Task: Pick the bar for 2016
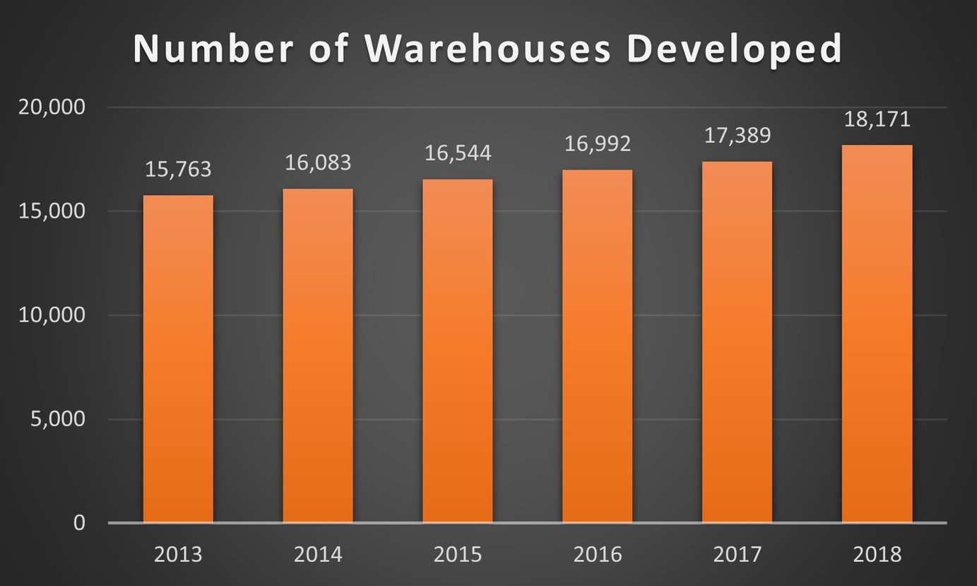[x=597, y=346]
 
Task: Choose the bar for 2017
[x=737, y=342]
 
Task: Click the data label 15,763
[x=178, y=170]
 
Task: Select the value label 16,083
[x=318, y=163]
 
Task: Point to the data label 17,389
[x=737, y=136]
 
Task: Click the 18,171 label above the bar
[x=877, y=119]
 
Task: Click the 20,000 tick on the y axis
[x=50, y=107]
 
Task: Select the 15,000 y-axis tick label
[x=50, y=211]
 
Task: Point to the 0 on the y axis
[x=78, y=523]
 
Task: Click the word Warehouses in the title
[x=487, y=49]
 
